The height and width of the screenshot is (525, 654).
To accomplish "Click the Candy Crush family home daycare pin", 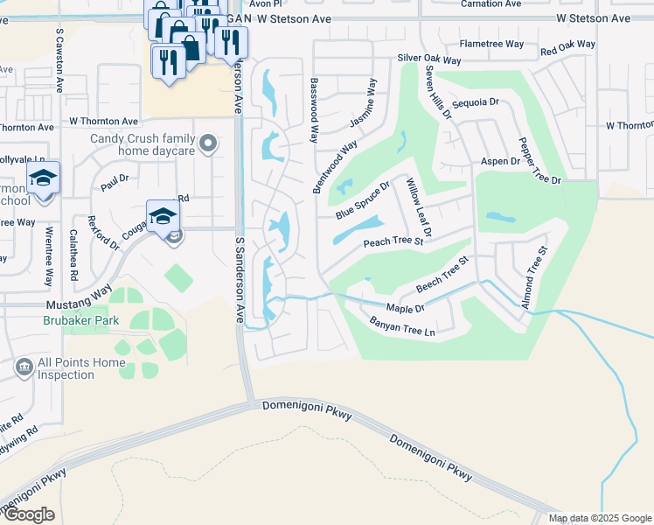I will (x=207, y=143).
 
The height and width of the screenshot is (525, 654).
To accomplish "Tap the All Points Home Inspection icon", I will (x=24, y=368).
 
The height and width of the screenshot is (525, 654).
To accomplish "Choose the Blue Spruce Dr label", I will (x=363, y=201).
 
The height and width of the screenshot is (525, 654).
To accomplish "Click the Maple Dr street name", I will (x=405, y=308).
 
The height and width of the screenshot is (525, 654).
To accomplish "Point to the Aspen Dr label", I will (x=501, y=162).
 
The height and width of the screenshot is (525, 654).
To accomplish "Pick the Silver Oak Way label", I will (x=429, y=59).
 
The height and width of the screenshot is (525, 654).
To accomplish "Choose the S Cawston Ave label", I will (x=59, y=60).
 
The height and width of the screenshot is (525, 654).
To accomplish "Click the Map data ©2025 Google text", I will (x=599, y=518).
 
